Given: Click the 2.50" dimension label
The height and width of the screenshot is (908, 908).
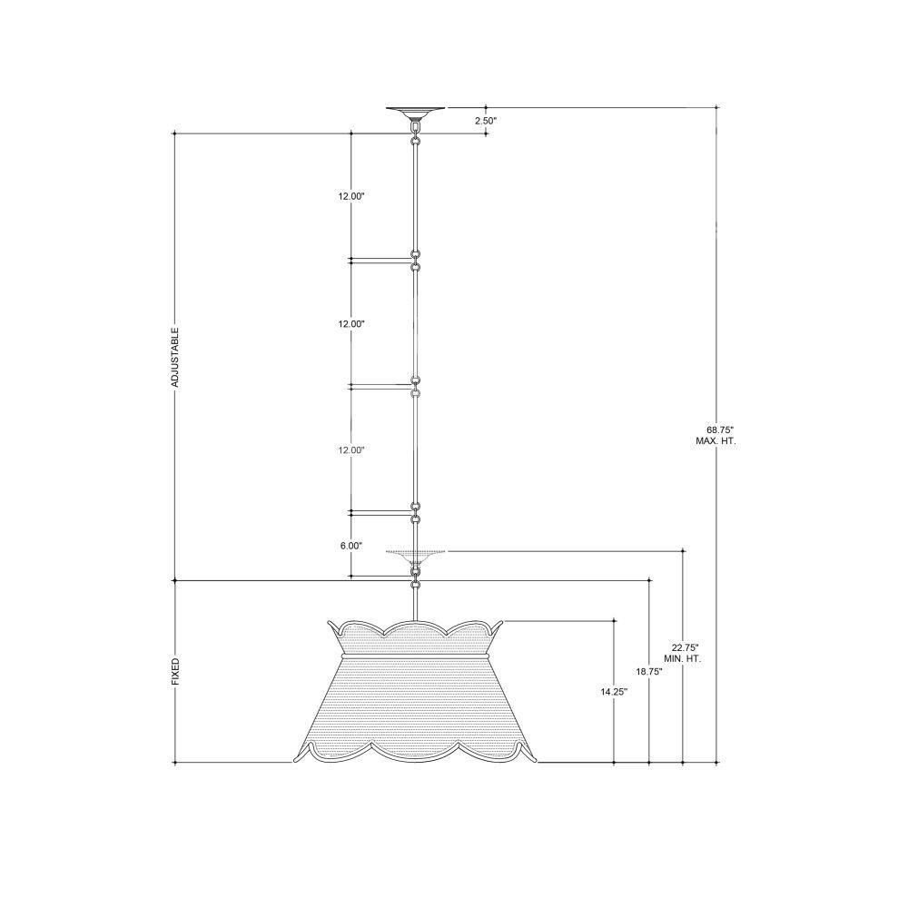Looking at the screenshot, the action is [x=486, y=121].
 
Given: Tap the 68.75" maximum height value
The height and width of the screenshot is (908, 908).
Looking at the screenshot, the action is [x=720, y=429].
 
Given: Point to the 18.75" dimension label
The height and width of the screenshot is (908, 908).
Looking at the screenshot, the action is [x=649, y=672].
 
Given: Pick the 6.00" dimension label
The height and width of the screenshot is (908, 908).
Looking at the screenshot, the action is [x=351, y=546].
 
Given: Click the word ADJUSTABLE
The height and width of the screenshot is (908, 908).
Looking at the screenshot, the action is [x=175, y=357].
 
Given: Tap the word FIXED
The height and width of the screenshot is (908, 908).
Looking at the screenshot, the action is [x=175, y=672].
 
